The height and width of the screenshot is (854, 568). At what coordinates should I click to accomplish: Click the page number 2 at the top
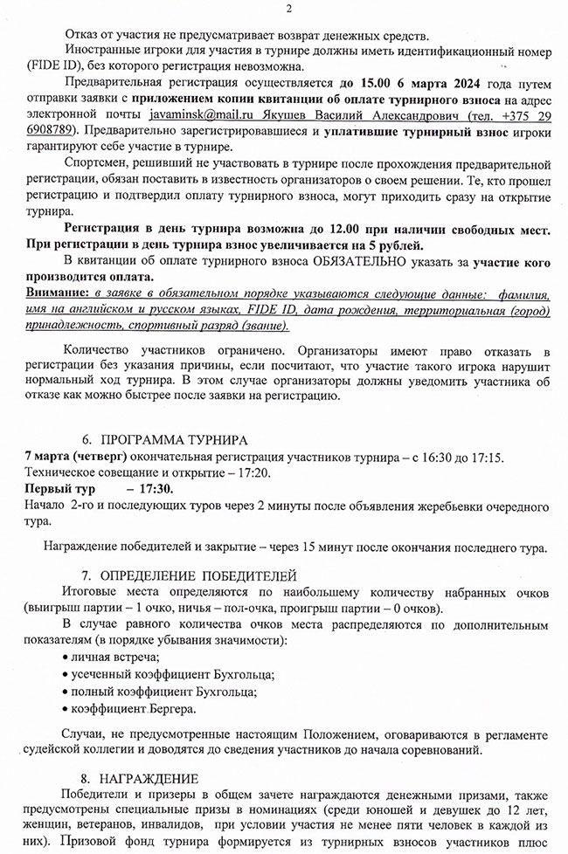click(287, 9)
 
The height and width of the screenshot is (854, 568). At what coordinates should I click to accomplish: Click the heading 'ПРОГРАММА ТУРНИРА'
click(174, 438)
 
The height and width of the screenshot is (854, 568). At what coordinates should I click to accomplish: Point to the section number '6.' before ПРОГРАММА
click(87, 438)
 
